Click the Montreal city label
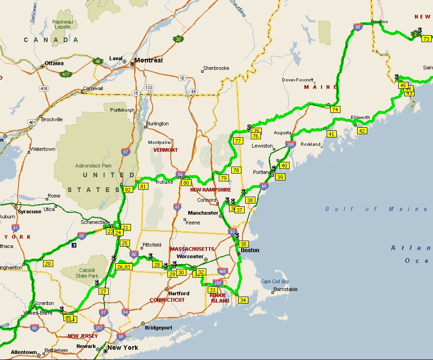click(148, 61)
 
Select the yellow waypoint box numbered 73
click(427, 39)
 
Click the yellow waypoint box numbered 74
click(335, 110)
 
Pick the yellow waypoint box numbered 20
click(48, 264)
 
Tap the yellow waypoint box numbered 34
click(243, 300)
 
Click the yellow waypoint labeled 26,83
click(124, 267)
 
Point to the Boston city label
click(250, 250)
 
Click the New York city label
click(123, 348)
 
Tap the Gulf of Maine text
click(376, 209)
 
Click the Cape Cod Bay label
click(275, 281)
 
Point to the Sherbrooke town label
click(216, 68)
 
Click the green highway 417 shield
click(66, 74)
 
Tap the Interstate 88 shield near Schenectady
click(81, 236)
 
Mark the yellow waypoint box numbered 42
click(362, 131)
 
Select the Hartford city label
click(179, 293)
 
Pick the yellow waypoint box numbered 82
click(128, 190)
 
